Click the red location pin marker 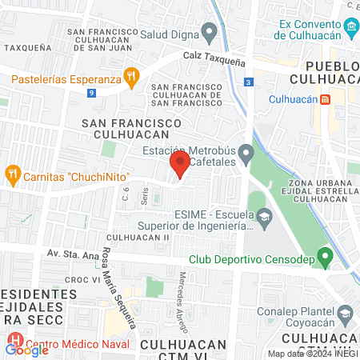coord(178,166)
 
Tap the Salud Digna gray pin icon coord(210,34)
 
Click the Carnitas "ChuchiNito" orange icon coord(12,174)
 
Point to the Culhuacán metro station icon coord(326,100)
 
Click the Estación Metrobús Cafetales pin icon coord(246,152)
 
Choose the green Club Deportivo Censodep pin coord(325,257)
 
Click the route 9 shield coord(93,93)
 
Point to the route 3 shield coord(250,82)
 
